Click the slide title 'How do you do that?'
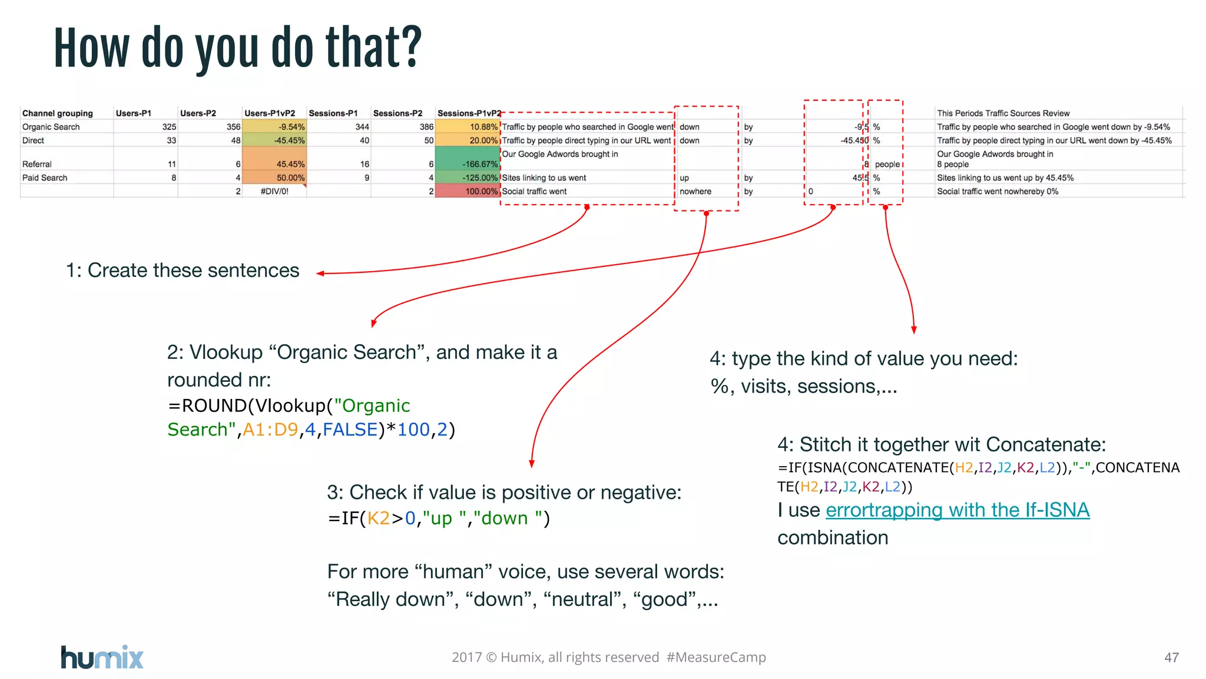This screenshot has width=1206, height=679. [238, 48]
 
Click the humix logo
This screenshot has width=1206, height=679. [102, 657]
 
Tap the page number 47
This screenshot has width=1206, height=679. [1171, 657]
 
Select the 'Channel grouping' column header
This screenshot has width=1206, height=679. [57, 113]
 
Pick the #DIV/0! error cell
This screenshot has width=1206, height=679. [274, 192]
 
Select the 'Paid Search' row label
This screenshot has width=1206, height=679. [45, 178]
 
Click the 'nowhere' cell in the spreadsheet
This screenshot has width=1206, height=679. [695, 192]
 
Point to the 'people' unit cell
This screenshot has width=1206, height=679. [887, 164]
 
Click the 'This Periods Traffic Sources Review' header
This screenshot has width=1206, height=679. [1003, 113]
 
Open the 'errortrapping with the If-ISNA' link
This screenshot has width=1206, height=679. [957, 510]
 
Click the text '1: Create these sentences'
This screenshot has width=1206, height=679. [183, 271]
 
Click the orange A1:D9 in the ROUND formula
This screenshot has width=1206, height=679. [270, 430]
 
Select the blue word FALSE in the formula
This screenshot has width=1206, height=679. [350, 430]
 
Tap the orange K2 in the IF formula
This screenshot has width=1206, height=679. [378, 518]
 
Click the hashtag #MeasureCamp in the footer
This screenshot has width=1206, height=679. [716, 657]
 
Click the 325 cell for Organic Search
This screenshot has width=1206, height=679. [169, 127]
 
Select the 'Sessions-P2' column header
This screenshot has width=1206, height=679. [397, 113]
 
